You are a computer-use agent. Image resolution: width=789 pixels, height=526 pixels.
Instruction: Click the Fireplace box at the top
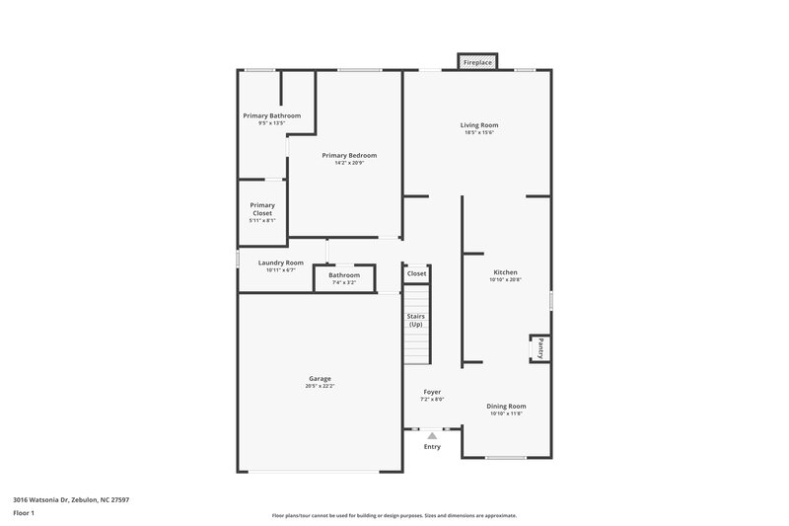point(478,62)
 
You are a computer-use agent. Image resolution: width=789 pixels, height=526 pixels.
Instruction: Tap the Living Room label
point(479,124)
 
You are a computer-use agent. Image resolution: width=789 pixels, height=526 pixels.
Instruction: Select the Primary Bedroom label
point(349,155)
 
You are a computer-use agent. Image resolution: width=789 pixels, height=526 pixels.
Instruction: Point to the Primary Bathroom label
point(271,115)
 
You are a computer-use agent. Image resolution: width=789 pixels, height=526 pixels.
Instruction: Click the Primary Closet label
point(262,209)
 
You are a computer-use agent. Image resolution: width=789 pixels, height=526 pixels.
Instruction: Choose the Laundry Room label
point(280,263)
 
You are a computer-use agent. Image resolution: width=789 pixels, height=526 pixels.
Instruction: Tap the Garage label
point(320,378)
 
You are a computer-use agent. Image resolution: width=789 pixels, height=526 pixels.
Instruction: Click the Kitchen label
point(505,272)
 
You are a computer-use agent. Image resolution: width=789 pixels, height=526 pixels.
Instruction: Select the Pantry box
point(540,348)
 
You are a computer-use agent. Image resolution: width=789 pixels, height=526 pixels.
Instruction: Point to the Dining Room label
point(508,406)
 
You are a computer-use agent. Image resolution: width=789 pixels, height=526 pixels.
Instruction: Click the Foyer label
point(433,392)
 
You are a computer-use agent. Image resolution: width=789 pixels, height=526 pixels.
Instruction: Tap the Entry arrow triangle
point(432,435)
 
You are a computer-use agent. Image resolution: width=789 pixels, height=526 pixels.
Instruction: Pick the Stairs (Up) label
point(416,320)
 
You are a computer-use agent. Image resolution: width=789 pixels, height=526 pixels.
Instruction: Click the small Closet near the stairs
point(416,273)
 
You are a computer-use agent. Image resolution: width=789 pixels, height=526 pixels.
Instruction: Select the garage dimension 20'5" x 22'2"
point(320,386)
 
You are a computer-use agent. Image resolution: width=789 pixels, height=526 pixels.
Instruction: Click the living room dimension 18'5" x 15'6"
point(479,132)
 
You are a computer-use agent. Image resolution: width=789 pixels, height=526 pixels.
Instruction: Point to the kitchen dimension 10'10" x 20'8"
point(505,280)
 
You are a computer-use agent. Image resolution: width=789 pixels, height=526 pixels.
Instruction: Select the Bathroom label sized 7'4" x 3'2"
point(344,275)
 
